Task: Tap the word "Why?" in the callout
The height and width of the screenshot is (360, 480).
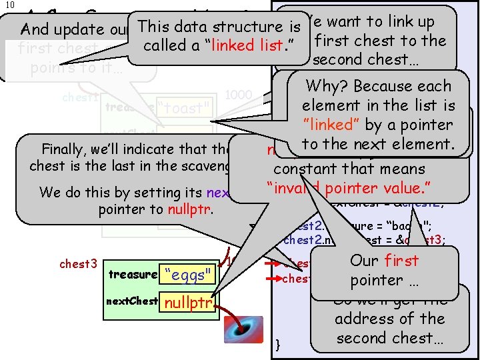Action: (x=327, y=87)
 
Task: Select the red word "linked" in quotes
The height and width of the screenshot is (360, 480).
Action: (x=335, y=125)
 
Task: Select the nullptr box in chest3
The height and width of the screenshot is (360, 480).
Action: (x=187, y=303)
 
